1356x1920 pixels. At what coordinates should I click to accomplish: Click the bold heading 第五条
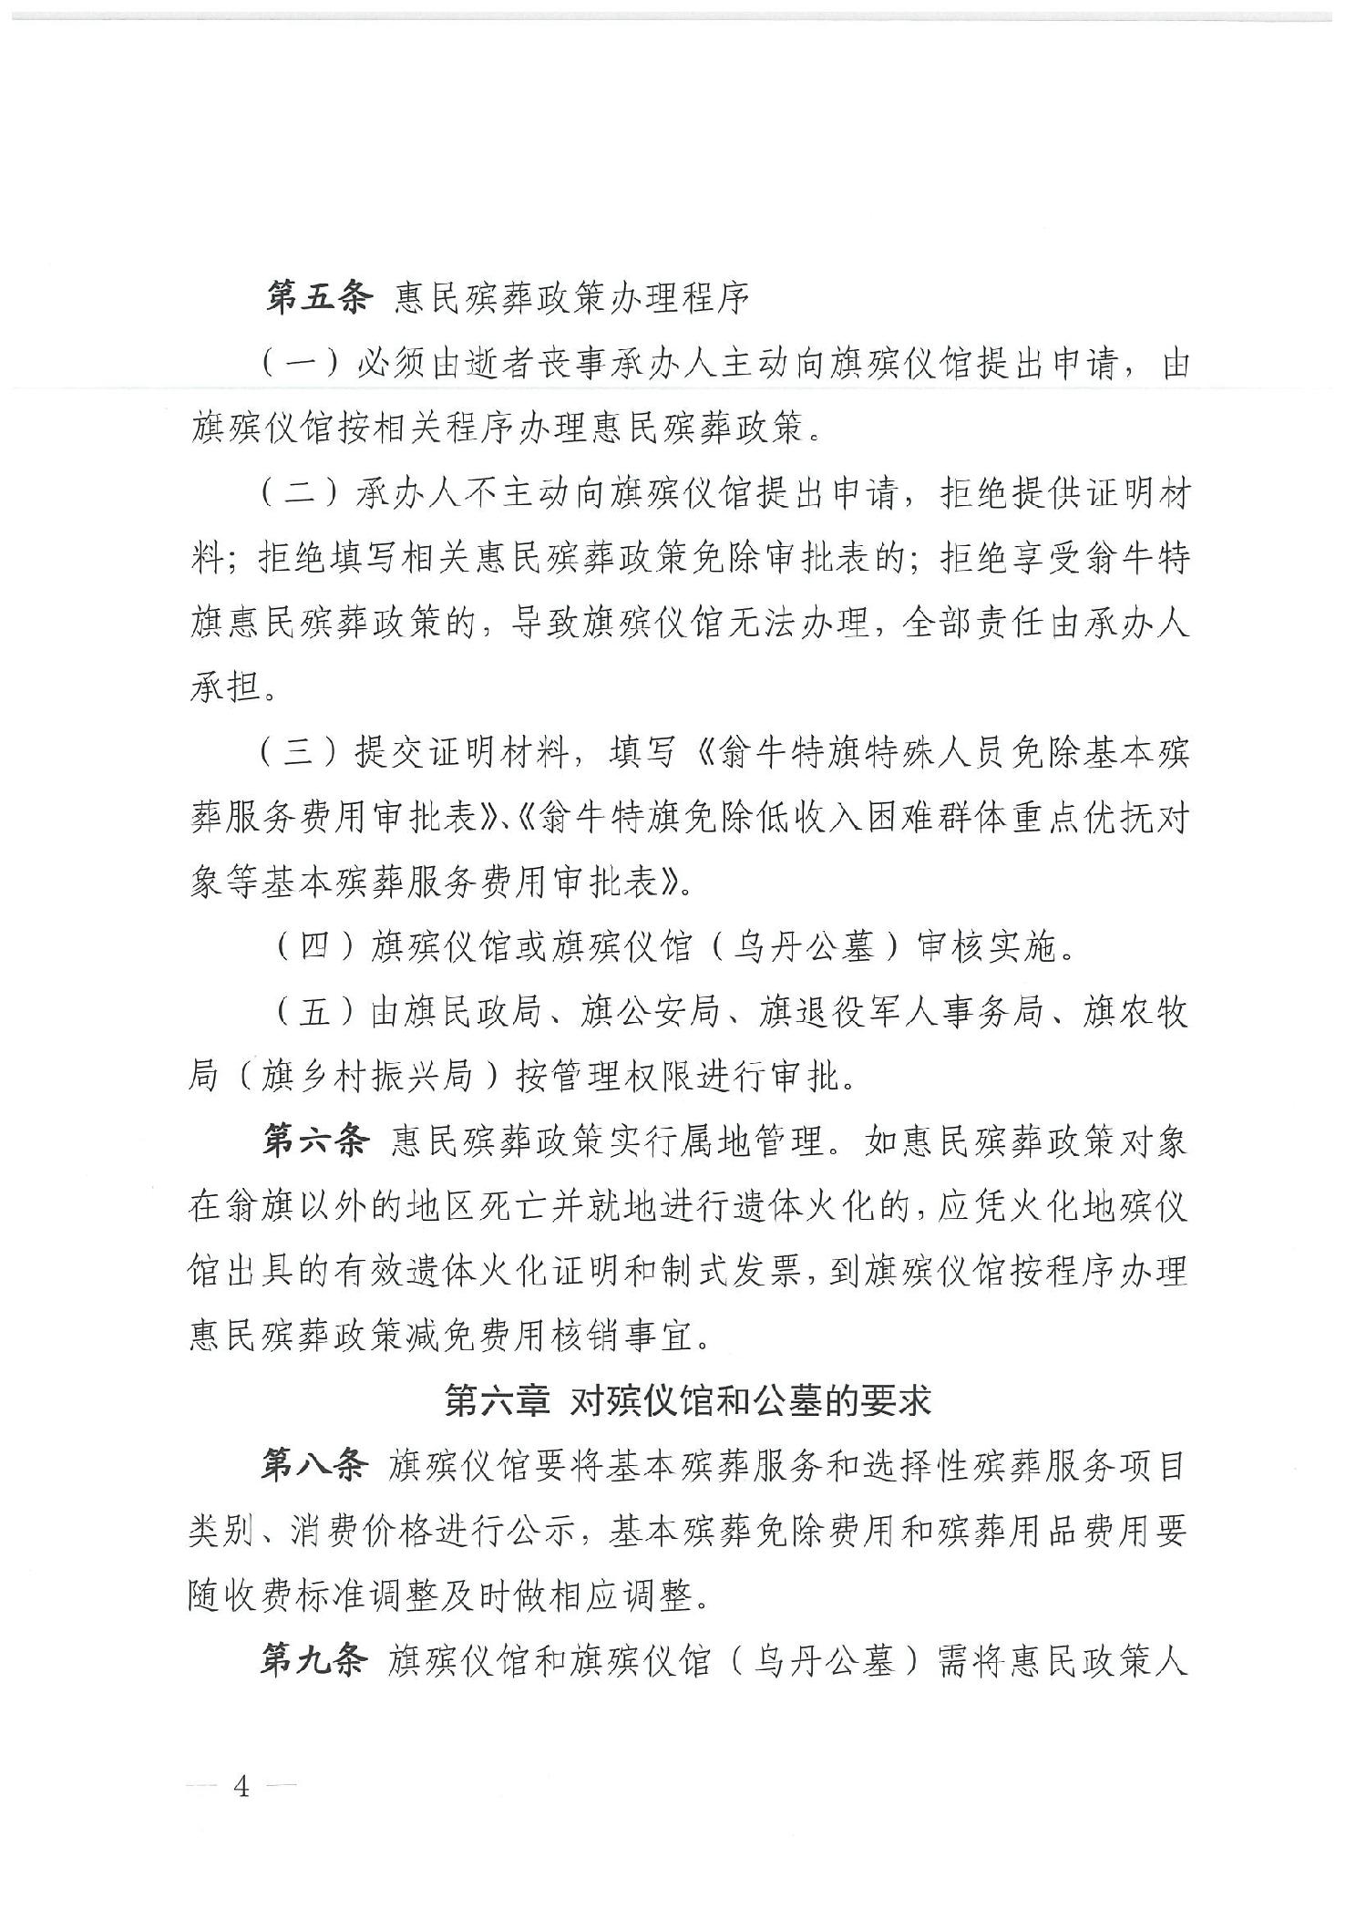tap(314, 299)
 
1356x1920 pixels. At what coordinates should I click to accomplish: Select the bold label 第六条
tap(314, 1141)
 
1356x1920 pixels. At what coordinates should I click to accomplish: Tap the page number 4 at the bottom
tap(241, 1812)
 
